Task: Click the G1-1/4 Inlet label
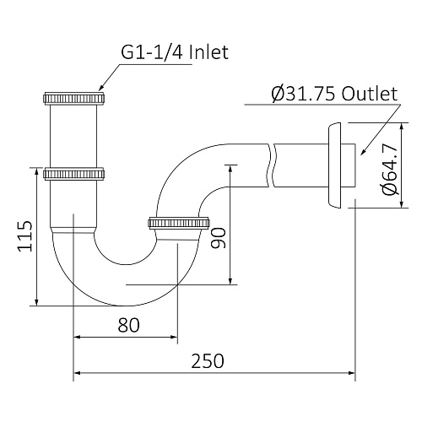click(174, 53)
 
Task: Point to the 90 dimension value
click(218, 236)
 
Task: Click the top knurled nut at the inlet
click(74, 97)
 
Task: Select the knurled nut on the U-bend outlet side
click(179, 224)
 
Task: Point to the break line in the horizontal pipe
click(269, 162)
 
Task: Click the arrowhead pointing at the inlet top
click(101, 86)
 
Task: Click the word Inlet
click(208, 53)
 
